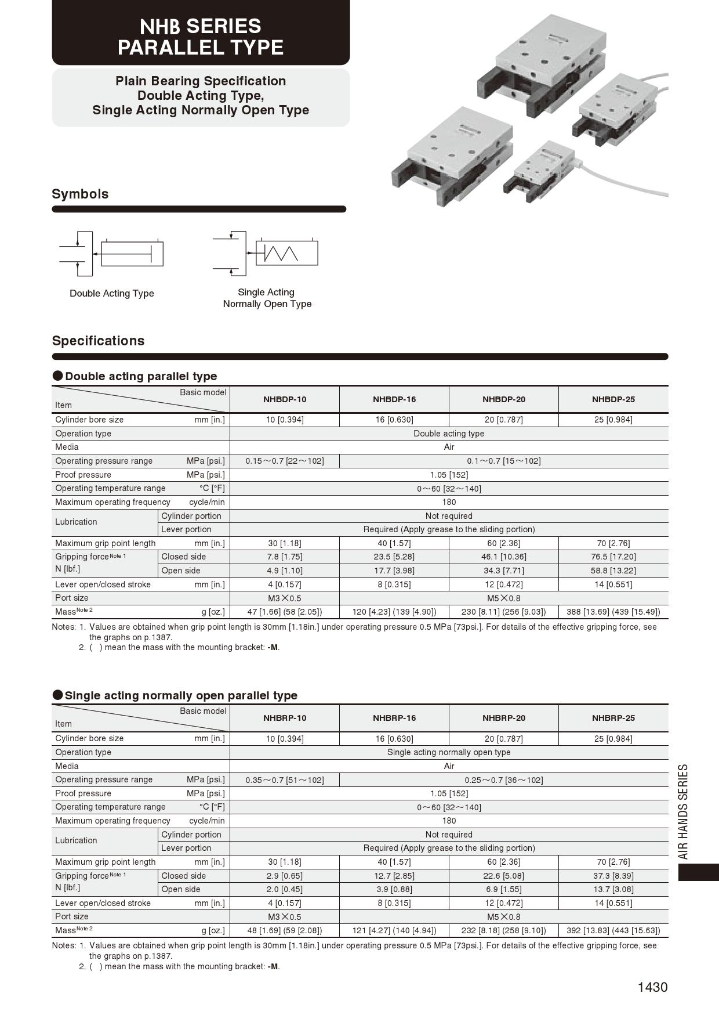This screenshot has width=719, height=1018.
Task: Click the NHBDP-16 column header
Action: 394,399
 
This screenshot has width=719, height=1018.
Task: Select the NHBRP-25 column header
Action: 613,718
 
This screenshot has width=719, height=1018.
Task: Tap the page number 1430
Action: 652,987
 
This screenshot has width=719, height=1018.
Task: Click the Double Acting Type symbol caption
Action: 112,293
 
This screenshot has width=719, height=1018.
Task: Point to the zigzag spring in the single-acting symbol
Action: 281,254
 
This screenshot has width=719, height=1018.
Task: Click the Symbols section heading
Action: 80,194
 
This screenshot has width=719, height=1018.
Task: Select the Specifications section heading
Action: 98,341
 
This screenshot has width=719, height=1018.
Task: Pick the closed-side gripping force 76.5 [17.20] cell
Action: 613,557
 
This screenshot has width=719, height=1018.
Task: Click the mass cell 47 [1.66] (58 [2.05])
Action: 285,612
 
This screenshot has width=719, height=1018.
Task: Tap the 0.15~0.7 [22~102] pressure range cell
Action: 285,461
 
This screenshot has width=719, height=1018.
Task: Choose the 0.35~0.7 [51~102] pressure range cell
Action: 285,780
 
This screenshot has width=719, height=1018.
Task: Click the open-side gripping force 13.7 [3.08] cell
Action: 613,889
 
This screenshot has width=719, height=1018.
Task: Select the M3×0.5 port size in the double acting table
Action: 285,598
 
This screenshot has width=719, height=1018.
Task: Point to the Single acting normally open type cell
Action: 449,752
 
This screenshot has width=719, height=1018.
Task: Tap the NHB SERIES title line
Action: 201,27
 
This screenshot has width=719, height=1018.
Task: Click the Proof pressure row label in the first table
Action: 83,475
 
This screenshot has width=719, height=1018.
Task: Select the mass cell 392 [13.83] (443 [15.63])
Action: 613,930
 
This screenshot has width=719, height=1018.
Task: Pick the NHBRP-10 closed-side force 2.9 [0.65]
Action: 285,876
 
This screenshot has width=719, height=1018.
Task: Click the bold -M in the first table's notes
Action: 273,647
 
